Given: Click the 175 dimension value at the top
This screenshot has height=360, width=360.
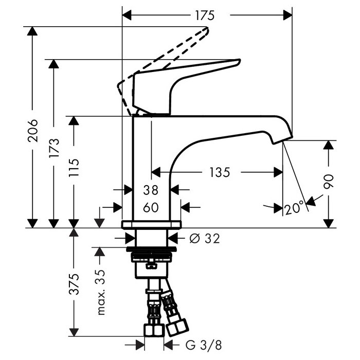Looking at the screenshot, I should point(204,15).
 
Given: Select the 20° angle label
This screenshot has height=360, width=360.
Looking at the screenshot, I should point(294,208).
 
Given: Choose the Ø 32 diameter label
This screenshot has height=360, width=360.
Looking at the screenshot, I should point(204,238).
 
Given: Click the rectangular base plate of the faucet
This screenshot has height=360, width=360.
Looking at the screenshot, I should point(152,225).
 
